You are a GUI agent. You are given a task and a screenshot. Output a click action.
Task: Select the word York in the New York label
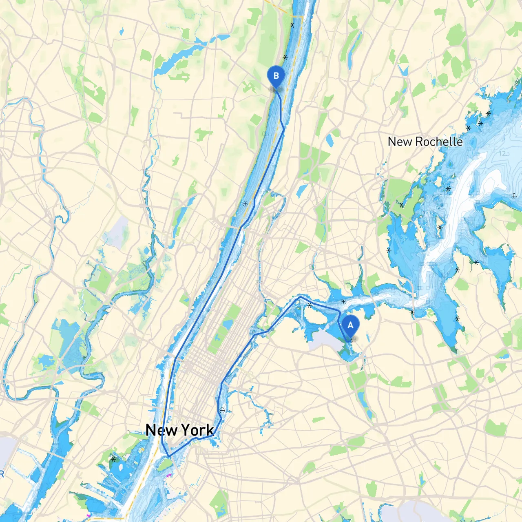point(197,430)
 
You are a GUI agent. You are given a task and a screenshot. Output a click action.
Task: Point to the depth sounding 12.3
point(504,154)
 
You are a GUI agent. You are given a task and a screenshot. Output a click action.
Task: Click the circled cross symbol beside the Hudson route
point(245,203)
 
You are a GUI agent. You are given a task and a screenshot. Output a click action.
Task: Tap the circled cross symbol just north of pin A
point(343,302)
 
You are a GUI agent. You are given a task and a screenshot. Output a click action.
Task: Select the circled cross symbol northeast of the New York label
point(222,410)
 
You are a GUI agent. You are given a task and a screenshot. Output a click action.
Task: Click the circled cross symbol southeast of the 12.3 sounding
point(513,196)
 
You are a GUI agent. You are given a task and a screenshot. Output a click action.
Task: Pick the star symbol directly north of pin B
point(285,58)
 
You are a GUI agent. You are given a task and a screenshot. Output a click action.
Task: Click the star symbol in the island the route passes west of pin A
point(310,305)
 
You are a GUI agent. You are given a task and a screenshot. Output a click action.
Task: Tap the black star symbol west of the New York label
point(113,459)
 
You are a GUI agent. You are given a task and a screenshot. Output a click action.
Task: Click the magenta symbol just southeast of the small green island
point(169,475)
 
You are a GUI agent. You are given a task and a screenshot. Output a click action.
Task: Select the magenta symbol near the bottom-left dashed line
point(88,516)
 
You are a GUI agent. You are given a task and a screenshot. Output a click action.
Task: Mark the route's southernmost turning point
point(168,456)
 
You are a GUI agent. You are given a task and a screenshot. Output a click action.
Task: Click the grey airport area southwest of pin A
point(326,340)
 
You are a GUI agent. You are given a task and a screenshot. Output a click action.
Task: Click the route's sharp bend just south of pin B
point(284,129)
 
